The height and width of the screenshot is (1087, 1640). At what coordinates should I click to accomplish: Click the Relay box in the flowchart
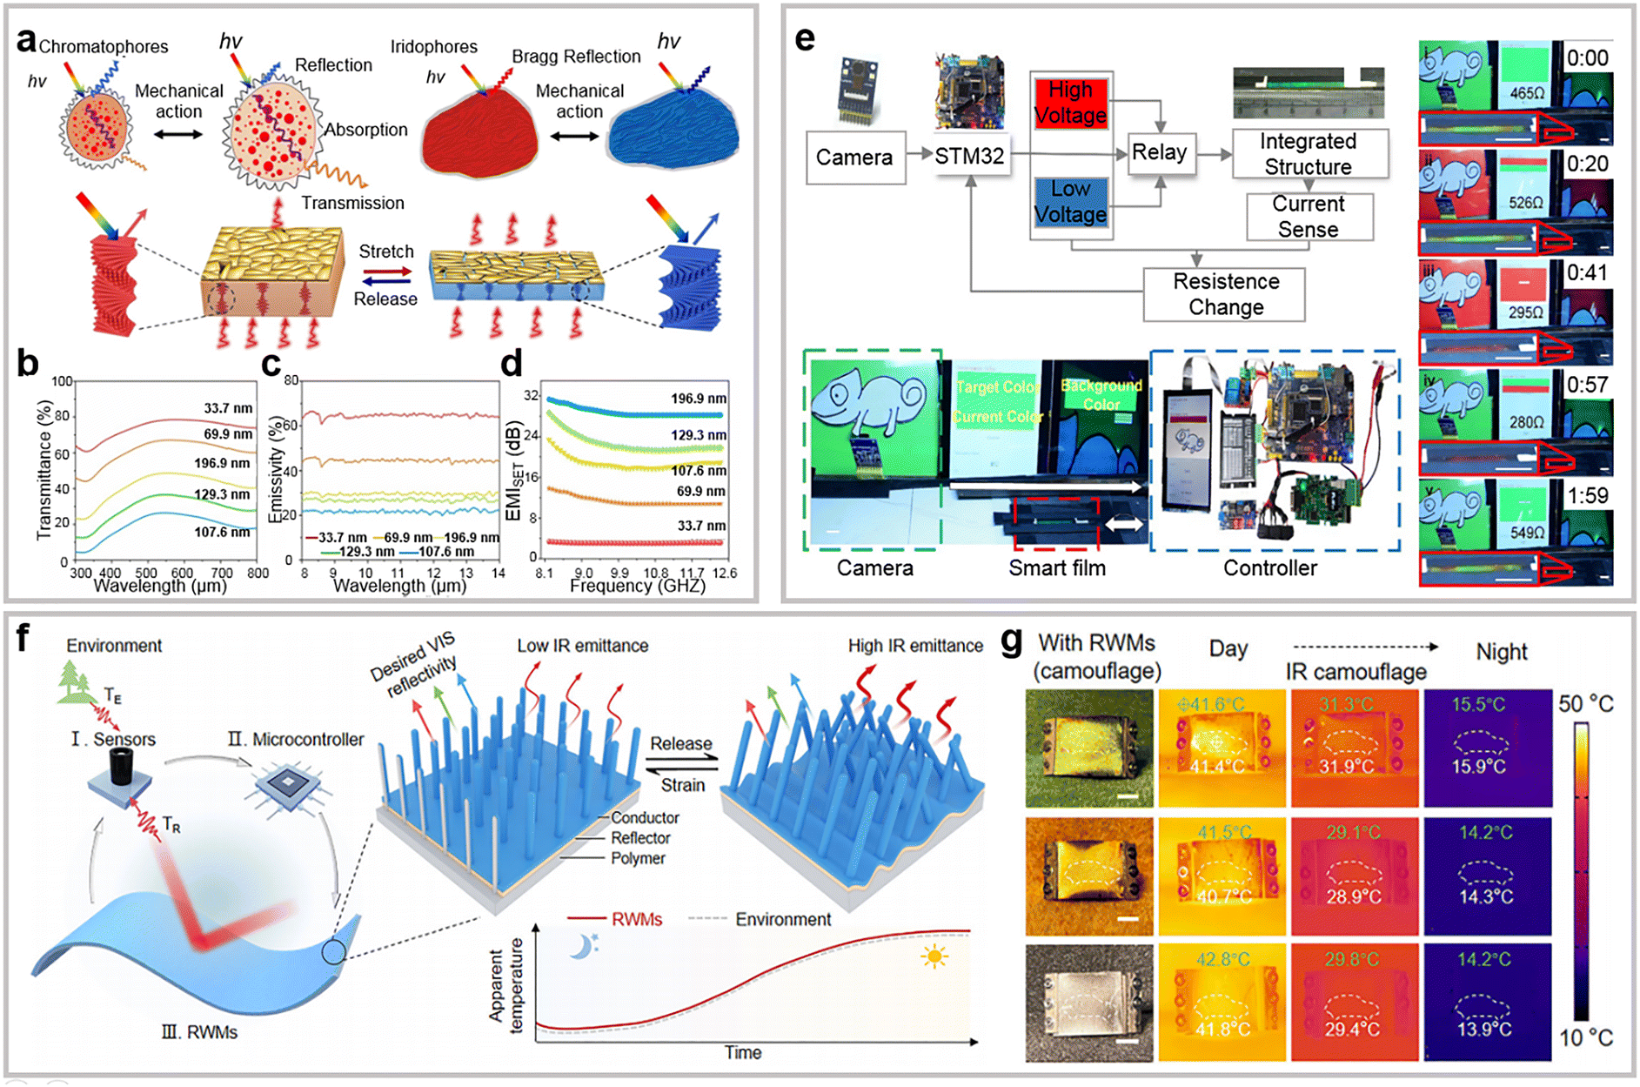pyautogui.click(x=1159, y=153)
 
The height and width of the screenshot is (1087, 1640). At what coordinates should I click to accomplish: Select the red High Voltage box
pyautogui.click(x=1070, y=104)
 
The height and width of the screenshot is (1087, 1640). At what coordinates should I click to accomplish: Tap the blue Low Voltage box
pyautogui.click(x=1070, y=202)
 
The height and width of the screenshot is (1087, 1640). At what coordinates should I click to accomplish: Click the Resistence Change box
pyautogui.click(x=1225, y=294)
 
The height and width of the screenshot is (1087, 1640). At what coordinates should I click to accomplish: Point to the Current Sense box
pyautogui.click(x=1308, y=216)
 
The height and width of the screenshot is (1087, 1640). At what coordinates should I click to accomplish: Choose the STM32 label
pyautogui.click(x=969, y=157)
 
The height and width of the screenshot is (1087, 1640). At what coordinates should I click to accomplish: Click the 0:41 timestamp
pyautogui.click(x=1587, y=273)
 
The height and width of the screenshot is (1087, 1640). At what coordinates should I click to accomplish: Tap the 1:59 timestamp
pyautogui.click(x=1587, y=496)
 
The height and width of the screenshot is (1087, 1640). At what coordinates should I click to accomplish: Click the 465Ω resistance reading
pyautogui.click(x=1527, y=93)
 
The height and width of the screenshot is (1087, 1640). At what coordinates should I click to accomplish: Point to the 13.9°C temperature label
pyautogui.click(x=1485, y=1030)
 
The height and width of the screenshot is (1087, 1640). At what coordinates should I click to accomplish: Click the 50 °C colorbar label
pyautogui.click(x=1586, y=704)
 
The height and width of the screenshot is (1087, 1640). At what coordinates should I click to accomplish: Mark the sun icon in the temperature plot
pyautogui.click(x=935, y=958)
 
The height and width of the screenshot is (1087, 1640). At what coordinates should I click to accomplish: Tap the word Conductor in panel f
pyautogui.click(x=645, y=818)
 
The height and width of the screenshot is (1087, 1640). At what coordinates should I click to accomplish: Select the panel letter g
pyautogui.click(x=1011, y=641)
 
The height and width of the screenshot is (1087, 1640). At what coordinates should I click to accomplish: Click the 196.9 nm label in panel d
pyautogui.click(x=698, y=399)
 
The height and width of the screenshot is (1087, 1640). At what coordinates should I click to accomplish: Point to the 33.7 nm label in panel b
pyautogui.click(x=228, y=408)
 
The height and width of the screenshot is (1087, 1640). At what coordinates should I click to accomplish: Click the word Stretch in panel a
pyautogui.click(x=386, y=252)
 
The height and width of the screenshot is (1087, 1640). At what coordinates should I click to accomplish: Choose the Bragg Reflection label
pyautogui.click(x=576, y=57)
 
